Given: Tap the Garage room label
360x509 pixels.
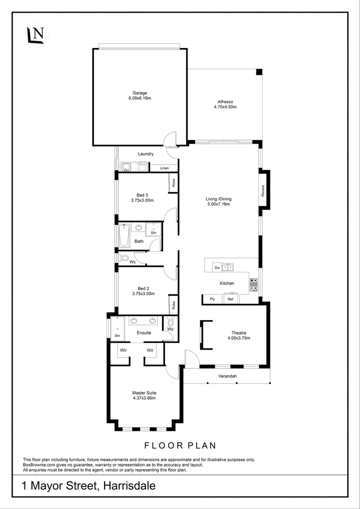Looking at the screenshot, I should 139,93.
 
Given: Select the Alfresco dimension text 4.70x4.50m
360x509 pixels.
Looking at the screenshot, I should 225,107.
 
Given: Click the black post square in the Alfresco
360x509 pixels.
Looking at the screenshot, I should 259,72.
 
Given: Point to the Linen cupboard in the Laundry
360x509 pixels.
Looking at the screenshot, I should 164,168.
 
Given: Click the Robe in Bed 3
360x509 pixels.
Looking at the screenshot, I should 173,183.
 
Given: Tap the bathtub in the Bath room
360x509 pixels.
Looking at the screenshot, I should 124,235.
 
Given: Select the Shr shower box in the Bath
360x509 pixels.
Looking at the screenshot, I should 154,230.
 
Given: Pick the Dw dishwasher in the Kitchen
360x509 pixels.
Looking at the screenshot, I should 217,267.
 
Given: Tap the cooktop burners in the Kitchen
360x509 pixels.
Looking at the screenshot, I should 254,283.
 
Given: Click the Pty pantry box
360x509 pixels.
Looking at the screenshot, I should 212,299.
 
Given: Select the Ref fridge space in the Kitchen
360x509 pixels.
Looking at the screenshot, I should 230,299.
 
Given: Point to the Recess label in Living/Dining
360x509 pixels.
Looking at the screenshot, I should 263,190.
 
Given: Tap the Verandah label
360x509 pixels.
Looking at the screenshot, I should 227,376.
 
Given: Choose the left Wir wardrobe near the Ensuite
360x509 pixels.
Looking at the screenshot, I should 123,350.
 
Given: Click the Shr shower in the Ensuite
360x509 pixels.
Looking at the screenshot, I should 116,328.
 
